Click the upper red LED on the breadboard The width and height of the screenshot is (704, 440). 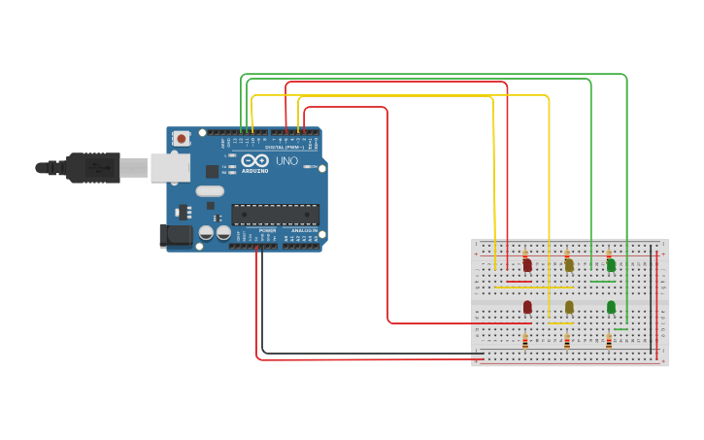click(527, 264)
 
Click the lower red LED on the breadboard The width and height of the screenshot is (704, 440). click(527, 307)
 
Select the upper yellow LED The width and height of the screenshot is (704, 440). click(569, 264)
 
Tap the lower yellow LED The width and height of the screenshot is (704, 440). click(569, 307)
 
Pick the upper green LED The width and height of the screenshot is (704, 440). click(611, 264)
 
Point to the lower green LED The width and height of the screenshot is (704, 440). click(611, 307)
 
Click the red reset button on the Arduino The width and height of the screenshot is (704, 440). click(182, 139)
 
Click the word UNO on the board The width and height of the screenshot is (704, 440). click(287, 160)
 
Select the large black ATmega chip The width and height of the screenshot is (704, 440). click(275, 214)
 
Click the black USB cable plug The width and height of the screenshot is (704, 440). click(93, 167)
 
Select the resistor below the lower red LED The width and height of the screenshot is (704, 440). click(525, 340)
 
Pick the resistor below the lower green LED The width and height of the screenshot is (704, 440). click(609, 340)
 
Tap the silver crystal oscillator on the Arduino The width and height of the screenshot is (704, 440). click(210, 191)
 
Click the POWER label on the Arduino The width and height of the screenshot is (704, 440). click(267, 229)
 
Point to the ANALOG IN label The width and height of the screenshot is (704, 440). click(304, 229)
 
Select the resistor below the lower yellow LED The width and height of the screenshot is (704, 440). click(567, 340)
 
